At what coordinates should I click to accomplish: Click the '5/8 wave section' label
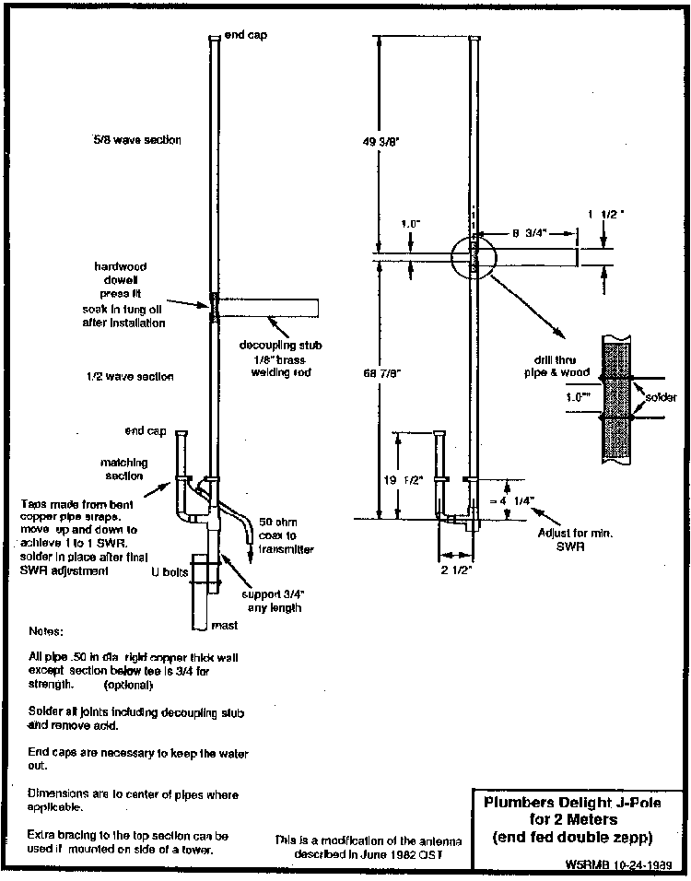136,140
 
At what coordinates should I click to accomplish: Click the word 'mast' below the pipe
225,626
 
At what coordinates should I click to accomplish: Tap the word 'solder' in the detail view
661,398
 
